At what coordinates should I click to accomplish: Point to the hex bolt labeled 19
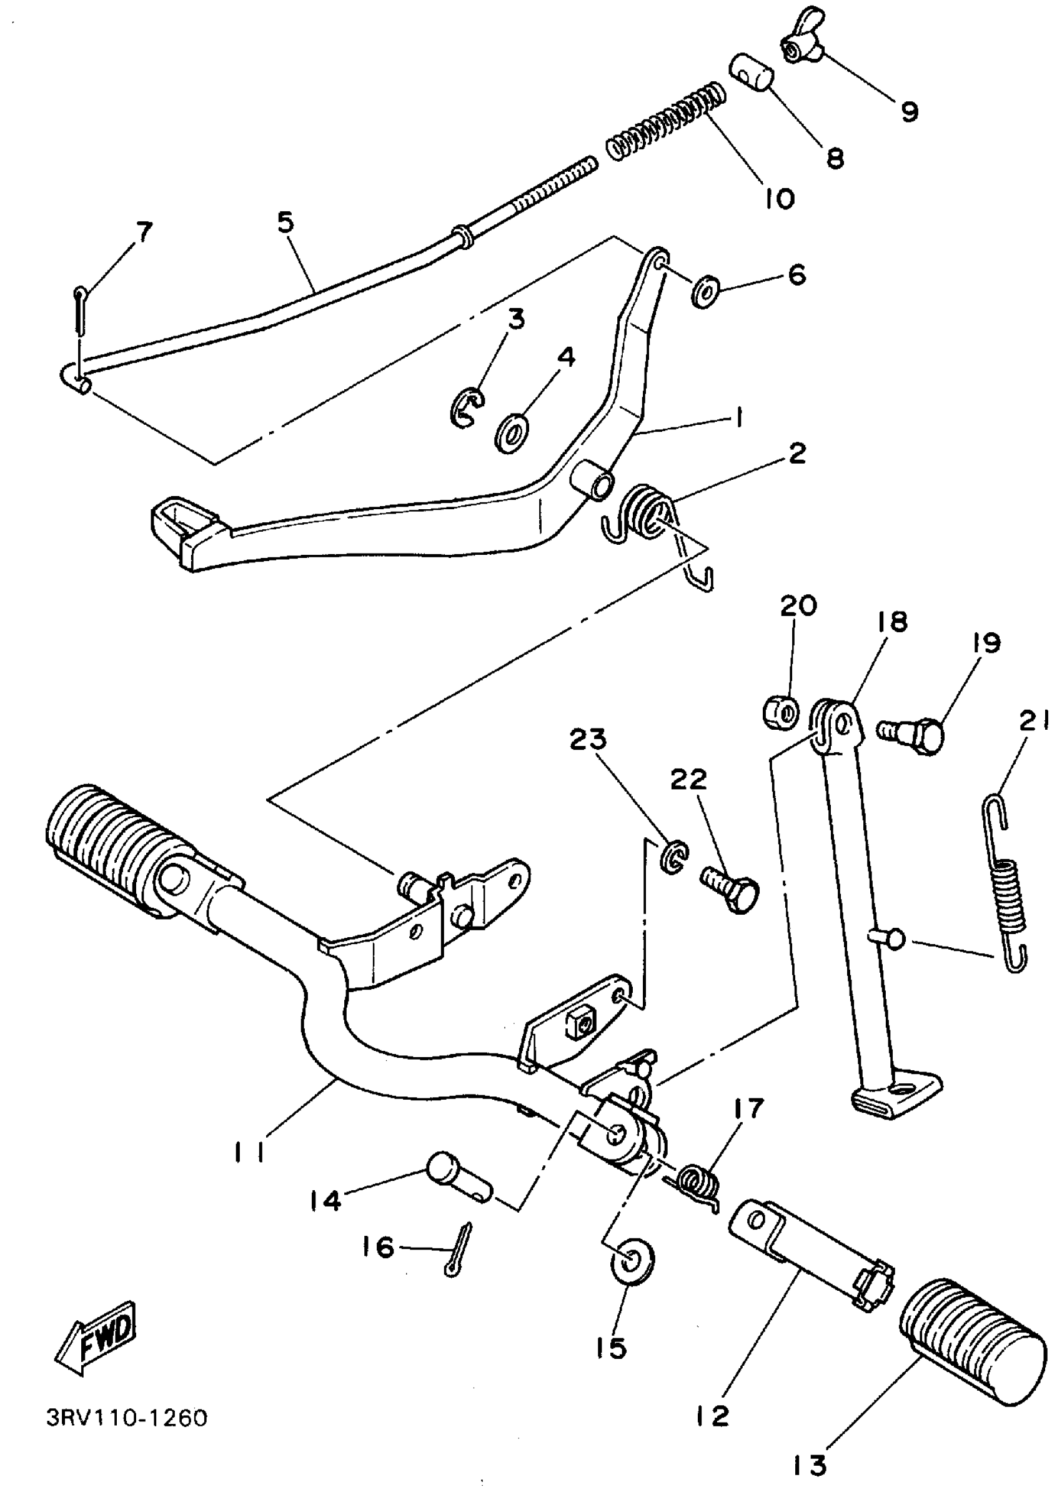coord(912,734)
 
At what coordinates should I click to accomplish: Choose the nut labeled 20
coord(781,711)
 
